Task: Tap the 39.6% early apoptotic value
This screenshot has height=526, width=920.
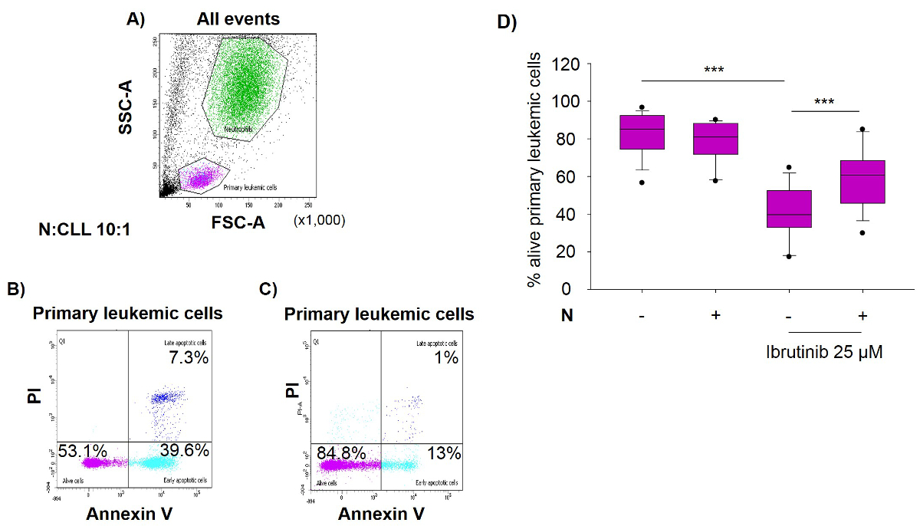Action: pyautogui.click(x=185, y=451)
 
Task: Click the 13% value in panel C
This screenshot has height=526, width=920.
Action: pyautogui.click(x=445, y=453)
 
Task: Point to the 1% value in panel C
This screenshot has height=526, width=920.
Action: pyautogui.click(x=449, y=357)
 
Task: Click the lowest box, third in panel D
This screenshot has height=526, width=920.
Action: pyautogui.click(x=789, y=209)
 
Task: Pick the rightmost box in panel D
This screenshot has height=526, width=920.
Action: pyautogui.click(x=863, y=182)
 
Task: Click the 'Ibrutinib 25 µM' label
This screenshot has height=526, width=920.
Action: pyautogui.click(x=825, y=354)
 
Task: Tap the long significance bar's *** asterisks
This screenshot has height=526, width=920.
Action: pyautogui.click(x=713, y=71)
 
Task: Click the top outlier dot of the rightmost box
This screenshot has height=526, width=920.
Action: pyautogui.click(x=863, y=130)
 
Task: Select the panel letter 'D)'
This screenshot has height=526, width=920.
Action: pyautogui.click(x=507, y=21)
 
